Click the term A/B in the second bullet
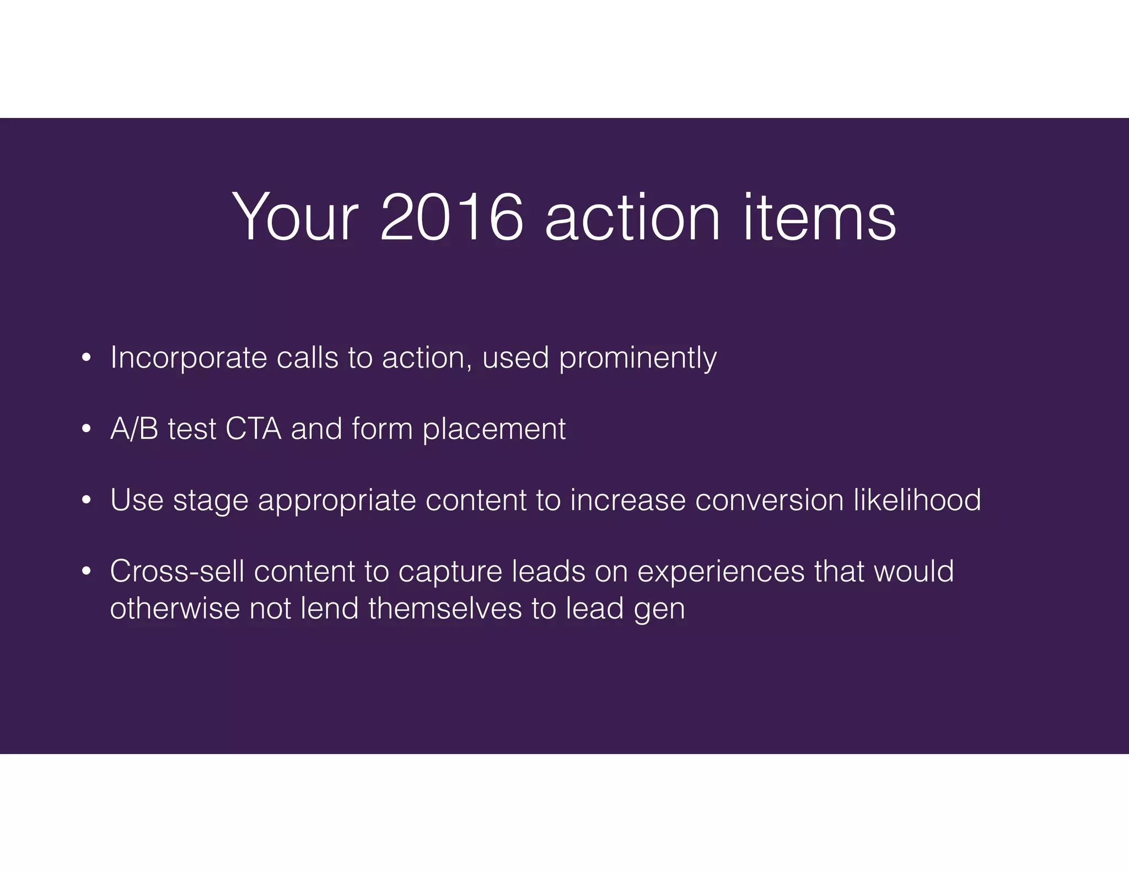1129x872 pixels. click(134, 429)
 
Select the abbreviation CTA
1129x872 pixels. click(253, 429)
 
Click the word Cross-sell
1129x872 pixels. click(177, 571)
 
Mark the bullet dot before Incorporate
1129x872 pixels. click(85, 359)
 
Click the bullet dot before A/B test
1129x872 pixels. click(85, 429)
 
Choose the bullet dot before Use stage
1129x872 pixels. click(85, 500)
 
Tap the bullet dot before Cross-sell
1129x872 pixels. click(85, 572)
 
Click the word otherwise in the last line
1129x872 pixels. click(175, 609)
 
